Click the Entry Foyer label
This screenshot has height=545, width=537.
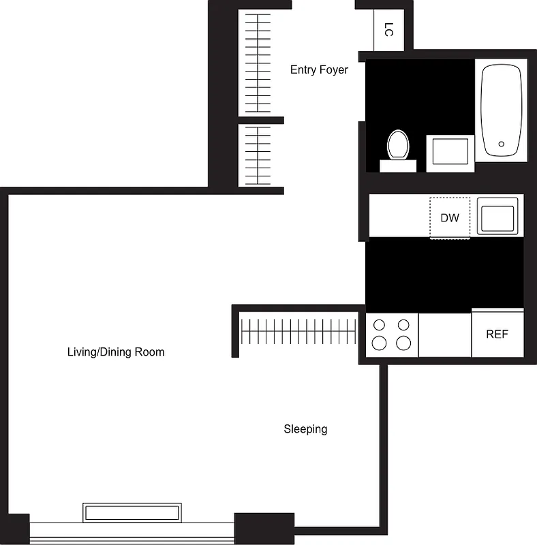(319, 69)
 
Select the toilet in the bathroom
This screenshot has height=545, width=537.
(398, 145)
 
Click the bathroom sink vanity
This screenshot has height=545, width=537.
(450, 153)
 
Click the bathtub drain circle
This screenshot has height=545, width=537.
(502, 144)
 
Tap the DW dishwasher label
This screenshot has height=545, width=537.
(450, 218)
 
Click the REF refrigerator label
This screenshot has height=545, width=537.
(497, 334)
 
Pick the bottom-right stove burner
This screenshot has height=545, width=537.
(404, 343)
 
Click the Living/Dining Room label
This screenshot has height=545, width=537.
(116, 352)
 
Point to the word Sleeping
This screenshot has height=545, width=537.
(305, 429)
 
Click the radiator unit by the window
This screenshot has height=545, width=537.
(132, 512)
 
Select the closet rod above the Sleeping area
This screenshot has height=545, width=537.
(298, 332)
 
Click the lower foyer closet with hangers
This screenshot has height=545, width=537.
(258, 155)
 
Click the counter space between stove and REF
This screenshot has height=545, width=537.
(444, 334)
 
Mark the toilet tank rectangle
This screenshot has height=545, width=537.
(398, 166)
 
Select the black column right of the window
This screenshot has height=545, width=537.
(264, 527)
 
